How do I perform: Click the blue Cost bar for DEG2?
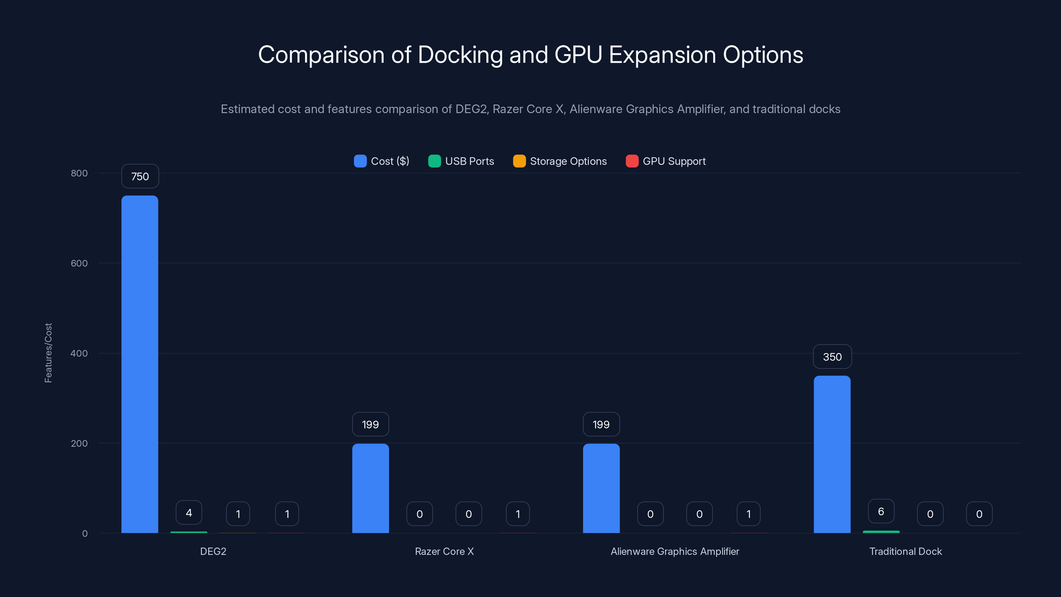tap(140, 364)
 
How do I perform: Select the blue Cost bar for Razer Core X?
tap(370, 488)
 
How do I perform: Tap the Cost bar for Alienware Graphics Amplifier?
tap(601, 488)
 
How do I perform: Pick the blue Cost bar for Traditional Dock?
tap(832, 454)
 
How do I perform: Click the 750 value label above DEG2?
tap(140, 176)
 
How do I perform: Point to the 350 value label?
tap(832, 357)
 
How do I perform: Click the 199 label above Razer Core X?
tap(370, 425)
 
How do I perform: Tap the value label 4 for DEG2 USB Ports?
tap(189, 512)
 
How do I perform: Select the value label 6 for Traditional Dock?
tap(881, 511)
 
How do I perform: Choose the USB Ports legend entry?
tap(461, 161)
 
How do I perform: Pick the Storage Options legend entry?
tap(560, 161)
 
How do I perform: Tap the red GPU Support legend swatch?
tap(632, 161)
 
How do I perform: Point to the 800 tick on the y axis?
tap(79, 173)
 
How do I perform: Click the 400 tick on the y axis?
tap(79, 353)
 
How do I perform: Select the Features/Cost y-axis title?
tap(48, 353)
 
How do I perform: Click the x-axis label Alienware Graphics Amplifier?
tap(675, 551)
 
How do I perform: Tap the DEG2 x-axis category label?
tap(213, 551)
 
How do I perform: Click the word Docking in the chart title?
tap(460, 55)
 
